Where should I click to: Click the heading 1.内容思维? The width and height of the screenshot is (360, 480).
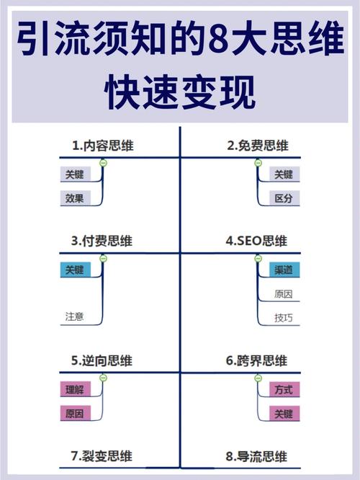pos(103,146)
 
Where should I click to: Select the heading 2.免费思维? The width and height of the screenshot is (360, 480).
pos(258,146)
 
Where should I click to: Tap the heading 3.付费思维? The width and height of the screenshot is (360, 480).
pos(102,241)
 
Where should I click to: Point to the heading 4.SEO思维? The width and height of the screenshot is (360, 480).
pos(256,241)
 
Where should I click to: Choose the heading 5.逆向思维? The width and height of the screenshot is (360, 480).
pos(102,360)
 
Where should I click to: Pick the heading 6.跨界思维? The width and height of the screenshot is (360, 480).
pos(256,360)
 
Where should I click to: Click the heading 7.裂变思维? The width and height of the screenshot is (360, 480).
pos(102,456)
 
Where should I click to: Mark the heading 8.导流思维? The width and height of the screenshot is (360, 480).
pos(256,456)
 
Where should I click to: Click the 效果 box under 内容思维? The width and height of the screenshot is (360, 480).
pos(76,198)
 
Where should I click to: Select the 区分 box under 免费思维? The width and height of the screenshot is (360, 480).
pos(284,198)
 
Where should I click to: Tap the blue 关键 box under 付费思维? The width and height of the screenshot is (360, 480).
pos(76,270)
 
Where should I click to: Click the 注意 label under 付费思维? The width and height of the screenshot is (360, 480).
pos(74,316)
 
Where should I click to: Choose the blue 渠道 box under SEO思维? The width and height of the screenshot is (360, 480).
pos(284,270)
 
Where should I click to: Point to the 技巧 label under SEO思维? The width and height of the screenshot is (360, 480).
pos(284,318)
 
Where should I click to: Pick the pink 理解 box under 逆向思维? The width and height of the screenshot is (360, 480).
pos(76,389)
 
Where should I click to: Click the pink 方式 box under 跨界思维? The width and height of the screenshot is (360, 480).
pos(284,389)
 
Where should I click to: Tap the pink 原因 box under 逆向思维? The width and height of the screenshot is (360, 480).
pos(76,413)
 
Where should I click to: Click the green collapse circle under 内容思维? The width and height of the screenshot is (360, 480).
pos(104,163)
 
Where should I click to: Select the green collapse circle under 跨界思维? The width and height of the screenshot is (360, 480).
pos(258,378)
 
